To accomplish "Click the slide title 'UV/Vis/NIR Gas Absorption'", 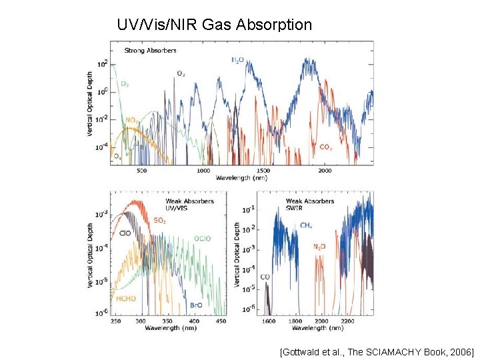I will tap(214, 25).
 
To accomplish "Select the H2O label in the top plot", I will tap(237, 61).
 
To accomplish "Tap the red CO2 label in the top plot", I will tap(326, 147).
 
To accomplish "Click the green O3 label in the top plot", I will tap(125, 84).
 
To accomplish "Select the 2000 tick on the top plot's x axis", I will tap(324, 171).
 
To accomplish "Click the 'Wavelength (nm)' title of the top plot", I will tap(241, 177).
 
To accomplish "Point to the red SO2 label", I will tap(160, 220).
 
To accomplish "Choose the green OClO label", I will tap(203, 238).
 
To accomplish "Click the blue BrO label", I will tap(196, 305).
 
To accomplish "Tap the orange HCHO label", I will tap(126, 299).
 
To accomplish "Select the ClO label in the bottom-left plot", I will tap(125, 233).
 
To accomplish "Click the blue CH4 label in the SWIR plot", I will tap(306, 225).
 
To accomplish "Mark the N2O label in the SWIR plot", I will tap(320, 246).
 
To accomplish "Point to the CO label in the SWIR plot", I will tap(265, 277).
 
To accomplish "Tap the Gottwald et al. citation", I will tap(377, 351).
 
